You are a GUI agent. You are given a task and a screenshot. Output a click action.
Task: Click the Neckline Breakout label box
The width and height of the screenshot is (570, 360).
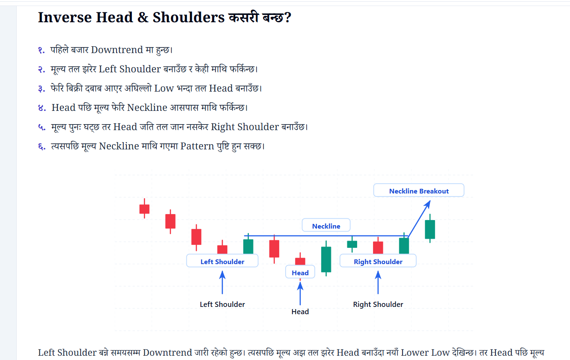point(418,190)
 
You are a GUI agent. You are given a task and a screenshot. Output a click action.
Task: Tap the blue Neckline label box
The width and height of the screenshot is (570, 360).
point(326,225)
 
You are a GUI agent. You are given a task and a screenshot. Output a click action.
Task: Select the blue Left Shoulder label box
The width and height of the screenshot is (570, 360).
point(222,261)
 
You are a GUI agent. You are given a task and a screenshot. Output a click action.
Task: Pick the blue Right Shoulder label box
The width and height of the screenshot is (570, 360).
point(378,261)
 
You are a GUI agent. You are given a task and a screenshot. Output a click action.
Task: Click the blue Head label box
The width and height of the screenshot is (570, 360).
point(300,272)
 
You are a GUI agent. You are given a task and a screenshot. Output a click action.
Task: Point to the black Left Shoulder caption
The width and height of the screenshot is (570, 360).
point(222,304)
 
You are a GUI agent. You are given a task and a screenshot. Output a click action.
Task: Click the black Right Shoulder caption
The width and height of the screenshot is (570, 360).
point(378,304)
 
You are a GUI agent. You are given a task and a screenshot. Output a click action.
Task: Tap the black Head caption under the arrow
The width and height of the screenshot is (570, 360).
point(300,312)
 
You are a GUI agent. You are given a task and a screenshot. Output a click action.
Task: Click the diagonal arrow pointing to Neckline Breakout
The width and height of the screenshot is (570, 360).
point(419,219)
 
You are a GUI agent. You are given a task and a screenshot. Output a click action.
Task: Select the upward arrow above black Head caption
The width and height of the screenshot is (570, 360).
point(300,294)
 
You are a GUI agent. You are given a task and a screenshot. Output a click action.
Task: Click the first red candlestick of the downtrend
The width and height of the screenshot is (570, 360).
point(144,208)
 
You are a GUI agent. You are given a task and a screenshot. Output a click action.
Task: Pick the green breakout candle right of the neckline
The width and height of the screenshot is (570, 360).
point(430,229)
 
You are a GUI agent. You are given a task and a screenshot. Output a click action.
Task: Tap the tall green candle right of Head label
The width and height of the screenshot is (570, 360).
point(326,259)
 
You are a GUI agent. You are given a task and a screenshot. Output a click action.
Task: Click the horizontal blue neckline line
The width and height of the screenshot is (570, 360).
point(326,236)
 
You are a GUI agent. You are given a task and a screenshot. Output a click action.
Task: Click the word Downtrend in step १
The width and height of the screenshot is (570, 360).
point(117,50)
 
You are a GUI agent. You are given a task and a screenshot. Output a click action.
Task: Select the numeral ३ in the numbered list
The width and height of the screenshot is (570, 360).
point(42,89)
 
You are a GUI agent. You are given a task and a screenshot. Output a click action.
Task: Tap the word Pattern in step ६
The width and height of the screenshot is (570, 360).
point(197,146)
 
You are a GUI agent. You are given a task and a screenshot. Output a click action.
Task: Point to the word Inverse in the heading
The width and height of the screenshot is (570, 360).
point(65,17)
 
